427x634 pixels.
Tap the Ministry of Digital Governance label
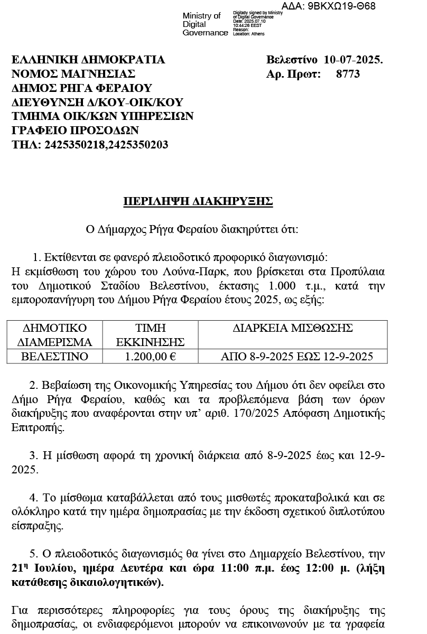tap(202, 24)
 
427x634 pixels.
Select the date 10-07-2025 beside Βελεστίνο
tap(353, 60)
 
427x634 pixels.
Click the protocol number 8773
tap(348, 74)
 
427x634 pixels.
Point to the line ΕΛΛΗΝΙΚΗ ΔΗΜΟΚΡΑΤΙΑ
tap(88, 60)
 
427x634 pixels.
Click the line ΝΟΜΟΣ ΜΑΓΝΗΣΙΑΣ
tap(73, 74)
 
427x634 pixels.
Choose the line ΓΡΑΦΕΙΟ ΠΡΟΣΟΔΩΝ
tap(75, 130)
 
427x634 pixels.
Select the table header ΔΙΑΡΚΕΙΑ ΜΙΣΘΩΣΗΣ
tap(293, 328)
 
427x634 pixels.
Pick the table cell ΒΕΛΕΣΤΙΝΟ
tap(54, 357)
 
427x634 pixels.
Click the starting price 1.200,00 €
tap(151, 357)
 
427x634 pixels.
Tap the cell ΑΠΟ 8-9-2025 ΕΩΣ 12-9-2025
tap(296, 357)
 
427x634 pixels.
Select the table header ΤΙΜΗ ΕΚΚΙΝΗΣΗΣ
tap(151, 334)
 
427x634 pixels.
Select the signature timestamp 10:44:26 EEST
tap(247, 25)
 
